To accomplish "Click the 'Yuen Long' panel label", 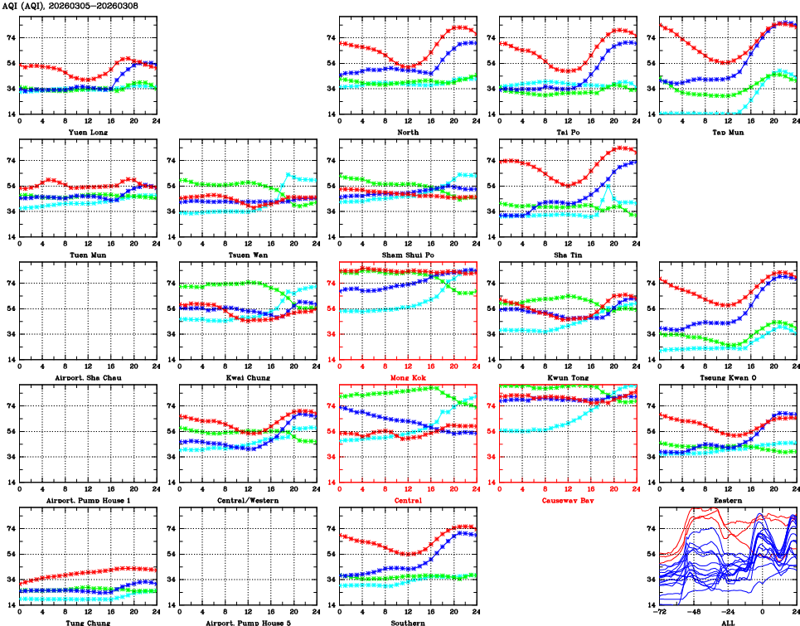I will (87, 132).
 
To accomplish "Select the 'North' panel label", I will (408, 132).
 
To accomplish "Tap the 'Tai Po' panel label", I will (568, 132).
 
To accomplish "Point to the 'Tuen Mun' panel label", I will (87, 255).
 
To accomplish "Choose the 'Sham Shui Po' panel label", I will (408, 255).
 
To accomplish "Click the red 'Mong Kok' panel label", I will (408, 377).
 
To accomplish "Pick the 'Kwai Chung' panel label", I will (248, 377).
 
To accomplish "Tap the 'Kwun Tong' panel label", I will (568, 377).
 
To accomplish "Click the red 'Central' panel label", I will (408, 500).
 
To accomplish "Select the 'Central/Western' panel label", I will (248, 500).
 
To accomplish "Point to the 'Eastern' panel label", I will (728, 500).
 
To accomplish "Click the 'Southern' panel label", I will (408, 623).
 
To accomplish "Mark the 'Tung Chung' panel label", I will (87, 623).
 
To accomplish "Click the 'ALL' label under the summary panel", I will (728, 623).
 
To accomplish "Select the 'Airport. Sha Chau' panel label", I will (87, 377).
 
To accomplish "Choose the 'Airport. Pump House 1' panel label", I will (87, 500).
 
